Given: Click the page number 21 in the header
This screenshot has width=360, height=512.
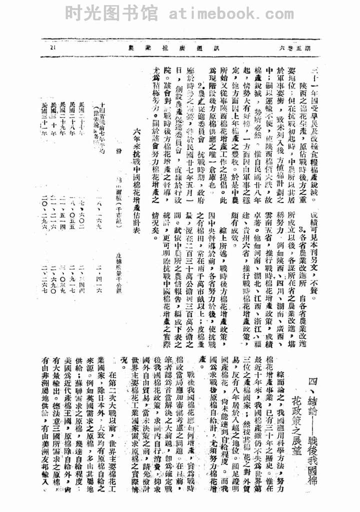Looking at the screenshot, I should coord(54,48).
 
